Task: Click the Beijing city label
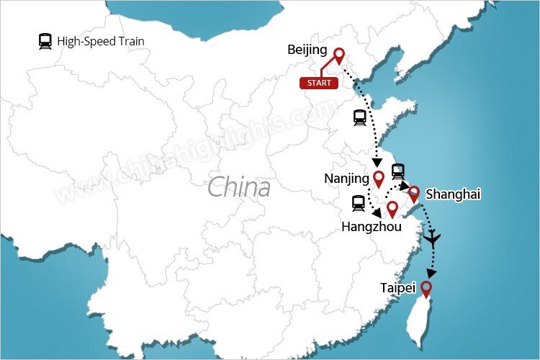[307, 50]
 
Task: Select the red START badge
[319, 83]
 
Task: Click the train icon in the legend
[45, 41]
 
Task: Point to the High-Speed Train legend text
[101, 41]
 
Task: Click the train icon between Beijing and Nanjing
[360, 118]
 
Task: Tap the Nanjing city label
[346, 178]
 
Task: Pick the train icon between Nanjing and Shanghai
[398, 171]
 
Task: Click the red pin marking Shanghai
[414, 194]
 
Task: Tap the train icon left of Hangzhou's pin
[358, 204]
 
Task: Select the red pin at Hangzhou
[392, 209]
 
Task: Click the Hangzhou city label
[371, 226]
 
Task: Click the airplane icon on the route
[432, 239]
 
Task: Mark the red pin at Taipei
[426, 289]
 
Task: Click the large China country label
[239, 188]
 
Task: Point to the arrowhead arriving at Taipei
[431, 274]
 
